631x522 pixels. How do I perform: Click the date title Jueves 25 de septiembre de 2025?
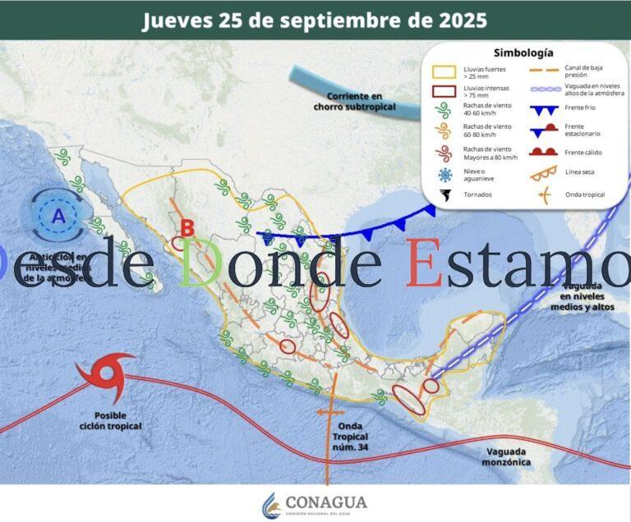(315, 20)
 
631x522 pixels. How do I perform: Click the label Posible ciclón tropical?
(110, 420)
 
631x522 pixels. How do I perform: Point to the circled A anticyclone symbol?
(58, 217)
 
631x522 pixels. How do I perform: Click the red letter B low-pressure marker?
(187, 228)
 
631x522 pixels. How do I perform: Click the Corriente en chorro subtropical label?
(354, 102)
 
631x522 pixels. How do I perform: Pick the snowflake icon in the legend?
(445, 175)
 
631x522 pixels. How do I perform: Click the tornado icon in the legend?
(445, 195)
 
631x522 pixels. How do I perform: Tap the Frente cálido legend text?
(584, 153)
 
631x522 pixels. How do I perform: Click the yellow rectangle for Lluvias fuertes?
(444, 72)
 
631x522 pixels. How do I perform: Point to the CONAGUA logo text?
(326, 502)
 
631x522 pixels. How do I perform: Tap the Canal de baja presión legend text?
(586, 71)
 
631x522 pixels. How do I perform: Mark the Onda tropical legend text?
(585, 195)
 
